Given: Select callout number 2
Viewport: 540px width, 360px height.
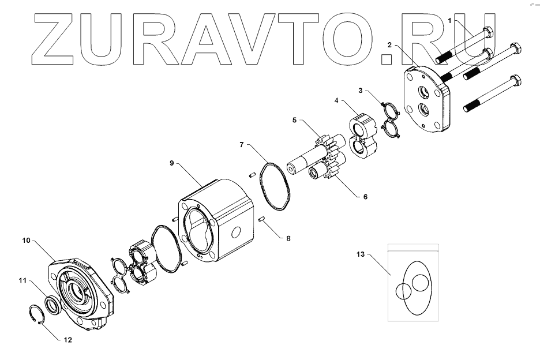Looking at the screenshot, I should click(390, 44).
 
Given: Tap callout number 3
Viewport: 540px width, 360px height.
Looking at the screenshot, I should click(360, 91).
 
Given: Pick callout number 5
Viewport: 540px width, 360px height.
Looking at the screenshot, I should click(294, 120).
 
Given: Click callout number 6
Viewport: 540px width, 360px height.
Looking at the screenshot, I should click(365, 197).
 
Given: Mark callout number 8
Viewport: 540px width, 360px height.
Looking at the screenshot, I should click(282, 237).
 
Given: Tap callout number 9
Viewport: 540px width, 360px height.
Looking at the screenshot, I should click(171, 163).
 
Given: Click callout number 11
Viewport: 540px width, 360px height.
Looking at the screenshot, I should click(22, 280).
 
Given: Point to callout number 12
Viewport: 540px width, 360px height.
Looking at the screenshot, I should click(68, 340).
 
